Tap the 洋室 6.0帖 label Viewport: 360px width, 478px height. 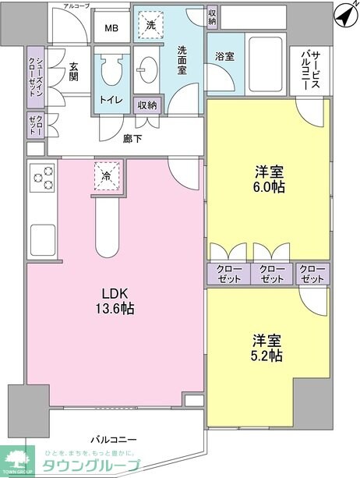point(268,178)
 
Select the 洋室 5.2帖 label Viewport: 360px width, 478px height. point(266,348)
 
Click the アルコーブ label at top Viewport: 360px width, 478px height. point(76,5)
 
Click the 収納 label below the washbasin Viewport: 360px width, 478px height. point(147,105)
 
